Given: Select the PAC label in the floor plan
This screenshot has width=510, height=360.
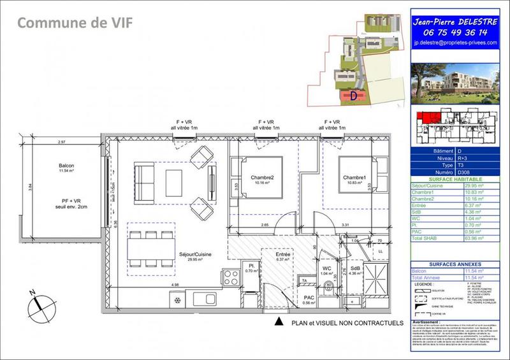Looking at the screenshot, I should tap(309, 298).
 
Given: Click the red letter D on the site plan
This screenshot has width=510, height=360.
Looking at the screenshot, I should tap(352, 96).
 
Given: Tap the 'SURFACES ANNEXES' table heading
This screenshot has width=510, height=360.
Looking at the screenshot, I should tap(454, 263).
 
